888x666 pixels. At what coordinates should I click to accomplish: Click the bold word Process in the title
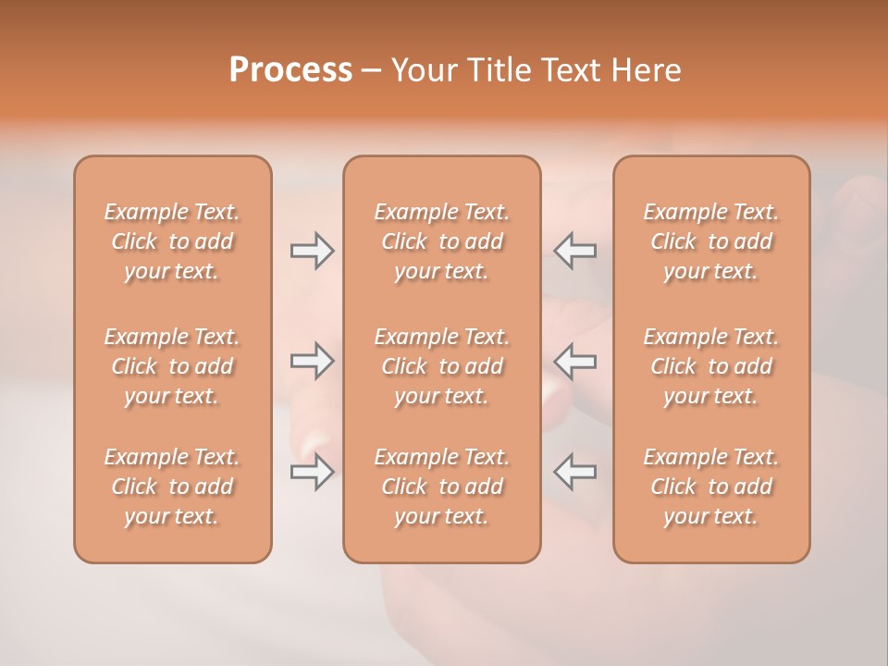(x=290, y=70)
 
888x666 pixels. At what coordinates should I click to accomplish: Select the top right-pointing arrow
(x=312, y=251)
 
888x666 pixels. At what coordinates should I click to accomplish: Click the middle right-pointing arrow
(x=312, y=361)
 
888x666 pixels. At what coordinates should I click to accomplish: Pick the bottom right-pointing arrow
(x=312, y=472)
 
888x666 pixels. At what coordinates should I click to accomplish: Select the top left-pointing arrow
(x=574, y=251)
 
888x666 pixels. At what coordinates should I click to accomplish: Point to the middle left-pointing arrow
(x=574, y=361)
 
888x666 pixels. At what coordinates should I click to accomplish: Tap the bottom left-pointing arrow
(x=574, y=472)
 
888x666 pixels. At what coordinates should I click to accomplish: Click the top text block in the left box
(x=172, y=241)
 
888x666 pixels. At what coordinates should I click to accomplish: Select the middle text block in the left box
(x=172, y=366)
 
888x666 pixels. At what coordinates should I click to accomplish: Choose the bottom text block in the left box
(x=172, y=487)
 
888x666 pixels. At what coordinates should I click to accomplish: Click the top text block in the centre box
(x=441, y=241)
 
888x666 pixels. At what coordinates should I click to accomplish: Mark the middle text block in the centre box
(x=441, y=366)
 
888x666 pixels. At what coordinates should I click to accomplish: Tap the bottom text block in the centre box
(x=441, y=487)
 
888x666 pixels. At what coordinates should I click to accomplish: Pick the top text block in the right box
(x=711, y=241)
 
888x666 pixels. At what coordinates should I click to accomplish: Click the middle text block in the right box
(x=711, y=366)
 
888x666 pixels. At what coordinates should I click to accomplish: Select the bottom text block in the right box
(x=711, y=487)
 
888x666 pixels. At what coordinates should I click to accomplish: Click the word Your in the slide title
(x=425, y=70)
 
